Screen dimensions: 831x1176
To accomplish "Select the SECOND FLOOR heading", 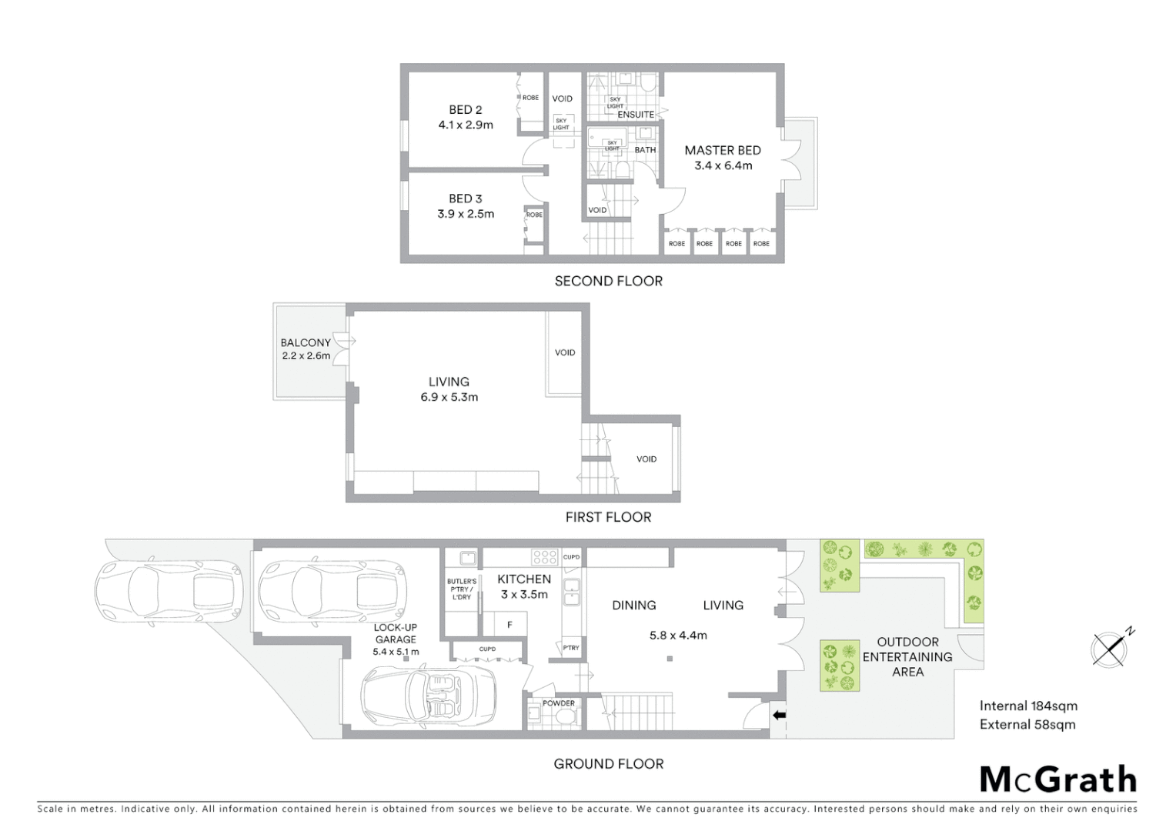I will (608, 281).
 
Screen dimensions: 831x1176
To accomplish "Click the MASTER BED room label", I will (723, 151).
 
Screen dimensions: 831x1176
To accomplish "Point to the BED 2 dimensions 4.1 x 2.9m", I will (466, 125).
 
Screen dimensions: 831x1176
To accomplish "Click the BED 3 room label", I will (466, 199).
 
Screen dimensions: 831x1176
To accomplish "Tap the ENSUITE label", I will (636, 115).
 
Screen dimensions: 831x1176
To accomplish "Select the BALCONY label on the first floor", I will (306, 342).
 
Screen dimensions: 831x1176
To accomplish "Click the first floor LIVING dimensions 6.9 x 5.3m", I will (449, 397).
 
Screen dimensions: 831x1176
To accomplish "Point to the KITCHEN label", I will (524, 579).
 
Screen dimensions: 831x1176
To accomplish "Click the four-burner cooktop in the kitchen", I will (545, 556).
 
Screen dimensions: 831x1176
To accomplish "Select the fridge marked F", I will (509, 625).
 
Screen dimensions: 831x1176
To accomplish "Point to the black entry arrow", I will (779, 716).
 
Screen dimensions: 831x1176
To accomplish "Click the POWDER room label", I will (559, 703).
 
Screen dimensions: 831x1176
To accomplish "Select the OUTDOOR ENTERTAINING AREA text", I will (907, 656).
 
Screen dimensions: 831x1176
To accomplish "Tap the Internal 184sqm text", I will (1028, 706).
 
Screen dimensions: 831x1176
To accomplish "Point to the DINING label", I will (634, 606).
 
